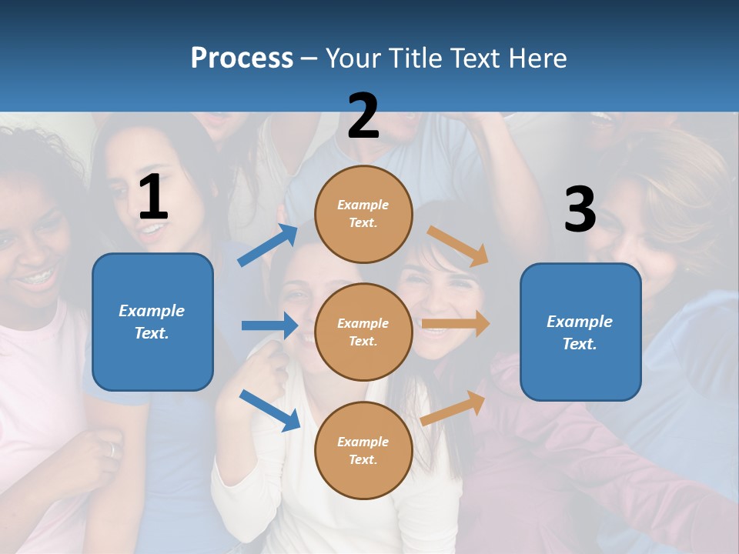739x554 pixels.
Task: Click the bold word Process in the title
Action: pyautogui.click(x=242, y=58)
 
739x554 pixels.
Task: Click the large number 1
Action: pyautogui.click(x=153, y=197)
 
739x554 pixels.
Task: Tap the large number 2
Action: pyautogui.click(x=363, y=116)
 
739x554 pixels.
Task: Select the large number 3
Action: pyautogui.click(x=580, y=210)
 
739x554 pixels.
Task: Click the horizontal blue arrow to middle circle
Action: pyautogui.click(x=269, y=325)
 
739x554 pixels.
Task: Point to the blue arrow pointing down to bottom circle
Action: pyautogui.click(x=269, y=409)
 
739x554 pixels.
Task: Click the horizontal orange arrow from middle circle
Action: pyautogui.click(x=456, y=324)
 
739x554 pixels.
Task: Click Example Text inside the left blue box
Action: pyautogui.click(x=152, y=322)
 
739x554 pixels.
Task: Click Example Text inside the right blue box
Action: pyautogui.click(x=580, y=332)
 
